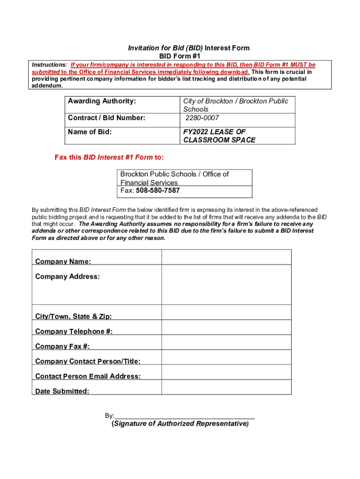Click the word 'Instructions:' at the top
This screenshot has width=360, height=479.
tap(49, 65)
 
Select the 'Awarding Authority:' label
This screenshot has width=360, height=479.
tap(102, 101)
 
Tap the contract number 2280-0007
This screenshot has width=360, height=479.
tap(202, 118)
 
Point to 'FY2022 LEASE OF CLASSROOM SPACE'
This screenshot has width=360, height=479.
tap(219, 136)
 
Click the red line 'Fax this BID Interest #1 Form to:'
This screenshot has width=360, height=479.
tap(109, 157)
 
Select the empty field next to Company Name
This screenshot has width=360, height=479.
tap(226, 257)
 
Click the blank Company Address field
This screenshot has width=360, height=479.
tap(226, 285)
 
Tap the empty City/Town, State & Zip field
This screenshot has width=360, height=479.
tap(226, 312)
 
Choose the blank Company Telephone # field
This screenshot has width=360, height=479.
tap(226, 327)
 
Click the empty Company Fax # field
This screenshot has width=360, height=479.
tap(226, 342)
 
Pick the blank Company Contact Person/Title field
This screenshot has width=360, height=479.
tap(226, 357)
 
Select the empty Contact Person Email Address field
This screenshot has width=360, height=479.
tap(226, 372)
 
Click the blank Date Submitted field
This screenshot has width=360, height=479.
tap(226, 387)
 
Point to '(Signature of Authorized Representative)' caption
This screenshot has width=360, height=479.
tap(180, 424)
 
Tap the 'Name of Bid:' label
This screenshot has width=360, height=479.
tap(90, 132)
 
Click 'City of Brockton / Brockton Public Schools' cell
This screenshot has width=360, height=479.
tap(236, 105)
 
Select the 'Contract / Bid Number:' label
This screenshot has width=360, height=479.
tap(107, 118)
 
